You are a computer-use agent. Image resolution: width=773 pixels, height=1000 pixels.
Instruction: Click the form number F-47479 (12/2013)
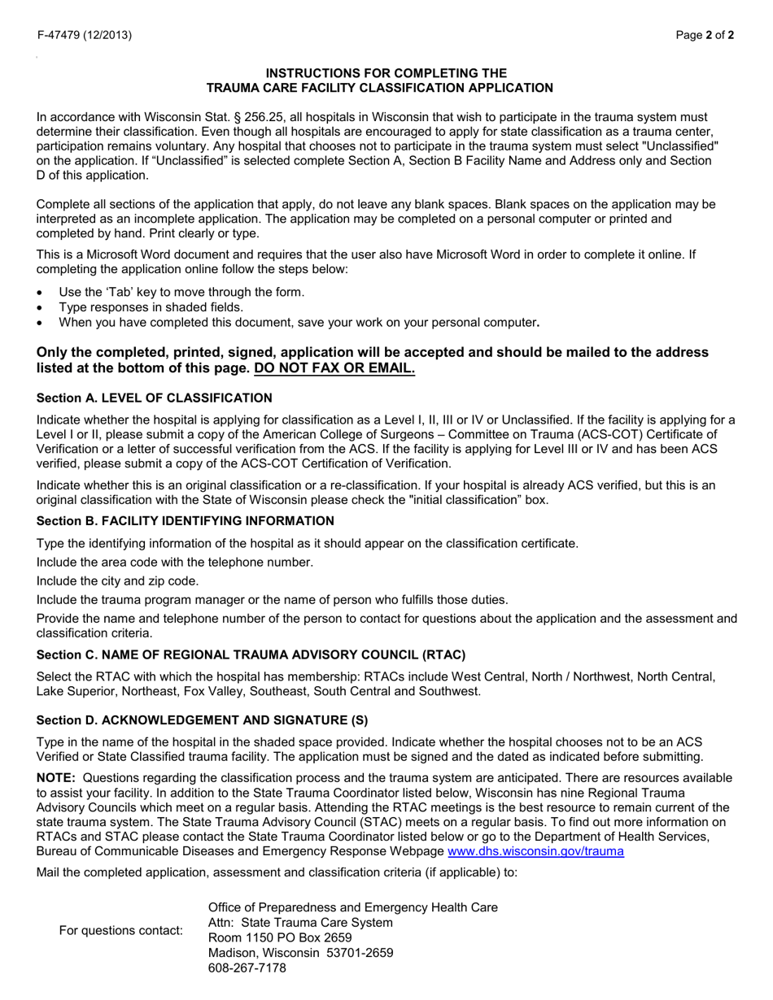[x=84, y=35]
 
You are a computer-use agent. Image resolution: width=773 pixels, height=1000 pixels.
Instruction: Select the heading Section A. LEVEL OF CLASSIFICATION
[x=155, y=398]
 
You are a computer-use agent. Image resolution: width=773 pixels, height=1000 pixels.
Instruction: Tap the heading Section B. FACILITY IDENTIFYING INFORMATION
[x=186, y=520]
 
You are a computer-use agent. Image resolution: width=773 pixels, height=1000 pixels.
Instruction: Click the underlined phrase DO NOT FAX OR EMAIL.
[x=334, y=368]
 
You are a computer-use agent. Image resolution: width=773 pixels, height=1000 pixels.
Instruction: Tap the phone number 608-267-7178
[x=247, y=968]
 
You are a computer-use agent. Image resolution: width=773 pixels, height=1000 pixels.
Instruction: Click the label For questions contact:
[x=121, y=930]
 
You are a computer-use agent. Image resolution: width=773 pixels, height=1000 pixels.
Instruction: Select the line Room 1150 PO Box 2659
[x=280, y=937]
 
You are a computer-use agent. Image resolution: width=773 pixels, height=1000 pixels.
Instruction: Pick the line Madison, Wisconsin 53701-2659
[x=301, y=953]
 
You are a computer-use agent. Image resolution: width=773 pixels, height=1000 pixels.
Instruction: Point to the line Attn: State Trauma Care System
[x=300, y=922]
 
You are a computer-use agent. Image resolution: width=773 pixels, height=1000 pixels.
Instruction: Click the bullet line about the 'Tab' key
[x=181, y=292]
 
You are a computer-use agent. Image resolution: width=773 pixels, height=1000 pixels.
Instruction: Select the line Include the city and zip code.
[x=118, y=580]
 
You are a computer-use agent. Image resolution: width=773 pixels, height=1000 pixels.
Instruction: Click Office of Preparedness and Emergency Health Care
[x=353, y=907]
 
